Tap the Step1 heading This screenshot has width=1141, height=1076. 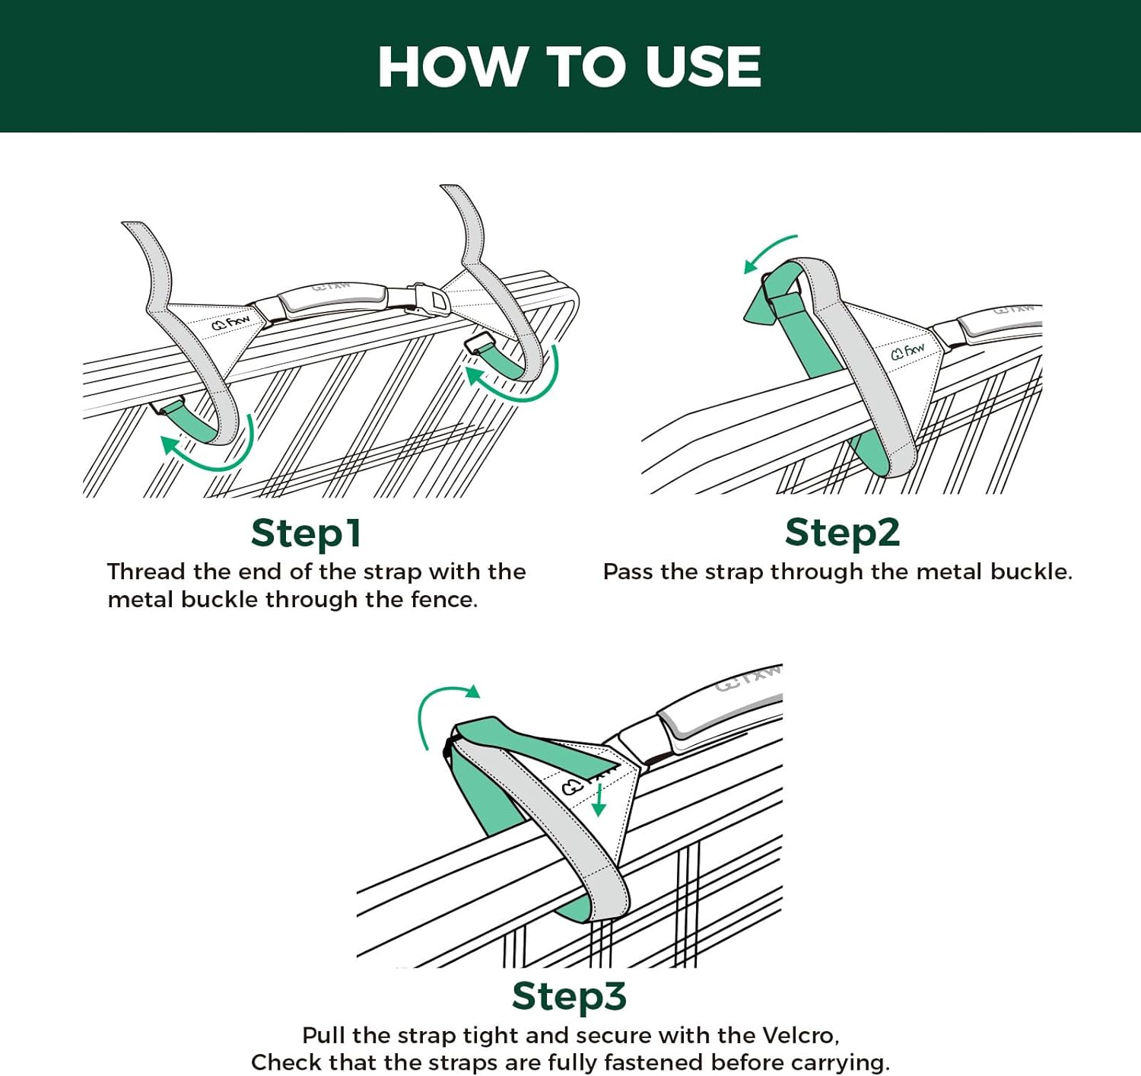[306, 533]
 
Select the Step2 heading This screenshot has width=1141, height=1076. [842, 532]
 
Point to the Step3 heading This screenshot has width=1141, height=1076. [569, 995]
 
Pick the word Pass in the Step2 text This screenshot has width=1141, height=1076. [628, 571]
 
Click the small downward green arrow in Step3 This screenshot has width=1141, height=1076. [599, 801]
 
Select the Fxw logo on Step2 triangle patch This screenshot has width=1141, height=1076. [907, 351]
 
